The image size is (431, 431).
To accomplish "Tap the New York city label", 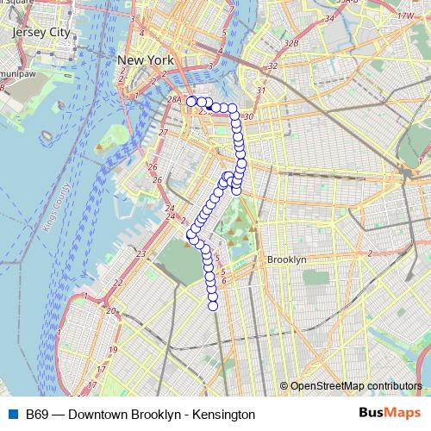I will (x=146, y=60).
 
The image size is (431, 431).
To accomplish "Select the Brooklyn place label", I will (x=286, y=259).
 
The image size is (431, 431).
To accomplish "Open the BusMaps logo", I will (x=390, y=414).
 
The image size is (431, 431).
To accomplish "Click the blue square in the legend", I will (x=13, y=415).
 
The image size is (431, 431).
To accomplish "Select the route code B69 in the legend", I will (x=36, y=415).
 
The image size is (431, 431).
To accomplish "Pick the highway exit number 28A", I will (x=174, y=100).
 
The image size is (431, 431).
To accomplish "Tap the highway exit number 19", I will (x=114, y=350).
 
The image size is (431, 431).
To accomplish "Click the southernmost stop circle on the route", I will (x=213, y=305).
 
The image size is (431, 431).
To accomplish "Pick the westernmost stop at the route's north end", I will (x=191, y=102).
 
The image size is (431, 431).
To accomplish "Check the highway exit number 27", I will (x=163, y=132).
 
